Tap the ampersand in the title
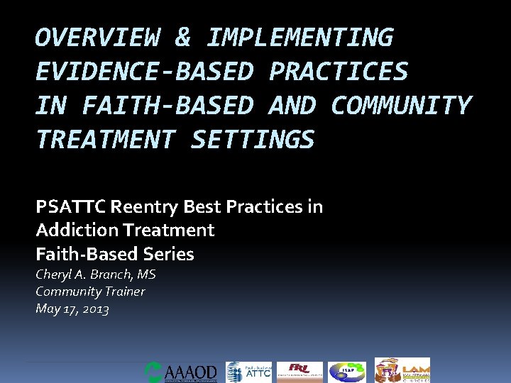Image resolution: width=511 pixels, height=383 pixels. pyautogui.click(x=182, y=38)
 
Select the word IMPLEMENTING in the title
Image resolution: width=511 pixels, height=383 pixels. pyautogui.click(x=299, y=38)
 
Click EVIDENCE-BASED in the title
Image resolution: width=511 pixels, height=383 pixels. pyautogui.click(x=144, y=72)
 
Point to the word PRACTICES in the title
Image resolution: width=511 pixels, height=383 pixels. pyautogui.click(x=339, y=72)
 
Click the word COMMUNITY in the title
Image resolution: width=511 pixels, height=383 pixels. pyautogui.click(x=401, y=106)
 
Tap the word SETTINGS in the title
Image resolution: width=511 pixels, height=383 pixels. pyautogui.click(x=253, y=140)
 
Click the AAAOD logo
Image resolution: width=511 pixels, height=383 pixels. pyautogui.click(x=181, y=372)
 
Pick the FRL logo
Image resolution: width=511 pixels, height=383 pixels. pyautogui.click(x=300, y=372)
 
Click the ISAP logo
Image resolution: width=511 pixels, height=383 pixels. pyautogui.click(x=347, y=372)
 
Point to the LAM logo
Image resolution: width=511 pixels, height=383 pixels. pyautogui.click(x=402, y=371)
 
